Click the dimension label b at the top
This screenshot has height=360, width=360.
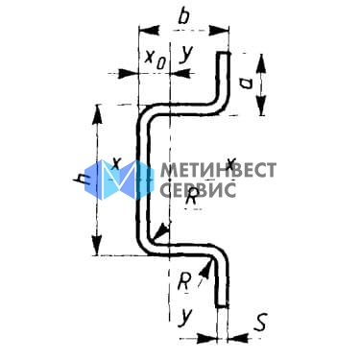pos(183,16)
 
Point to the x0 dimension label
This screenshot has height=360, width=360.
pos(156,60)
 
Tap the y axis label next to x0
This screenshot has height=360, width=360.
pos(185,55)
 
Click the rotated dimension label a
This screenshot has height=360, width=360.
pos(246,84)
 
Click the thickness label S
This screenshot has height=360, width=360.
pos(260,322)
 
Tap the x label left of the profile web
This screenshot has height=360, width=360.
pos(116,164)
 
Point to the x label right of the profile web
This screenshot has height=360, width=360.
pos(231,163)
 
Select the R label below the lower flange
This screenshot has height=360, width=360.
pos(183,282)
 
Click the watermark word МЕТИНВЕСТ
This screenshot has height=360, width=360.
pos(218,170)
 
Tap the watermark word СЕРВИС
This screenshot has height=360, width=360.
pos(198,189)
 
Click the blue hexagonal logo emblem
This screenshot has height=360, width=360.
pos(119,180)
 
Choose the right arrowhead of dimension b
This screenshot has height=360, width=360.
pos(219,32)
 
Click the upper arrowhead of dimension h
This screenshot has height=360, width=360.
pos(97,114)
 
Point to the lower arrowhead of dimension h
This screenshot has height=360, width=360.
pos(97,246)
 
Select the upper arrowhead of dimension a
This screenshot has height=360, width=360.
pos(262,63)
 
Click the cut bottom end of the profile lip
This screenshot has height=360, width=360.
pos(223,306)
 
